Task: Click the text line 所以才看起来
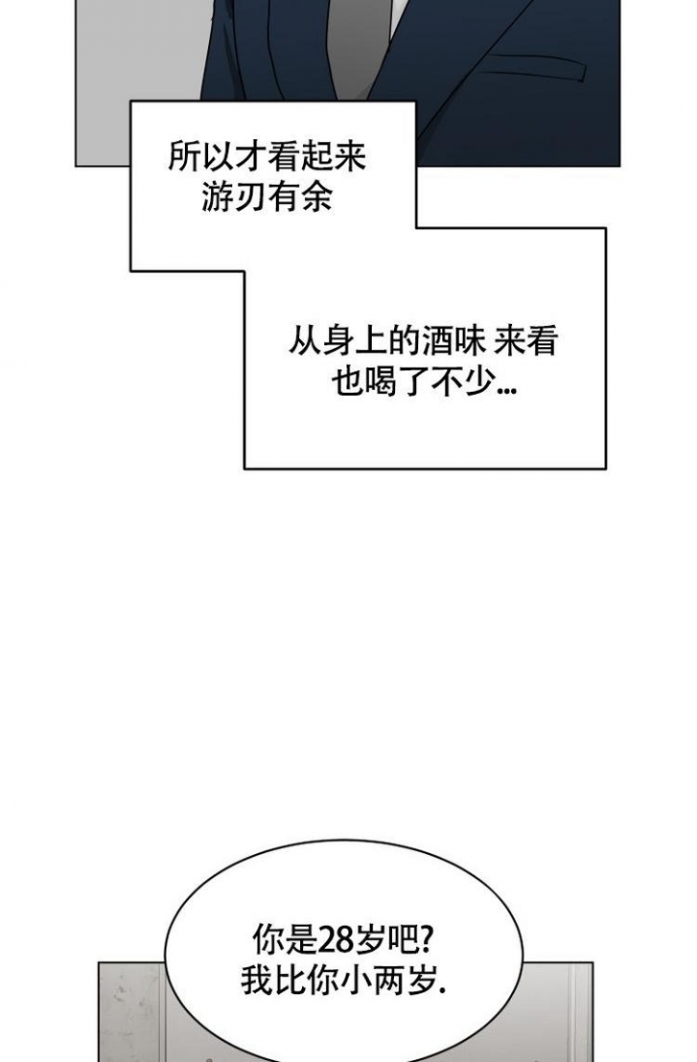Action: click(x=267, y=157)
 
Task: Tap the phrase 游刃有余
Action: click(x=267, y=197)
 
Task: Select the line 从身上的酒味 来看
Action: click(x=423, y=341)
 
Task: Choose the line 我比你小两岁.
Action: click(x=344, y=980)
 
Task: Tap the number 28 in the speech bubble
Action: click(x=335, y=940)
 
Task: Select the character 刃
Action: click(x=251, y=197)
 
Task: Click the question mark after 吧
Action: click(x=428, y=940)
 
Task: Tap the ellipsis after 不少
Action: click(x=506, y=390)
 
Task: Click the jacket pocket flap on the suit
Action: click(x=533, y=68)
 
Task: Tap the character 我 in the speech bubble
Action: click(x=258, y=980)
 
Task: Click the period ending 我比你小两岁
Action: click(x=443, y=991)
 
